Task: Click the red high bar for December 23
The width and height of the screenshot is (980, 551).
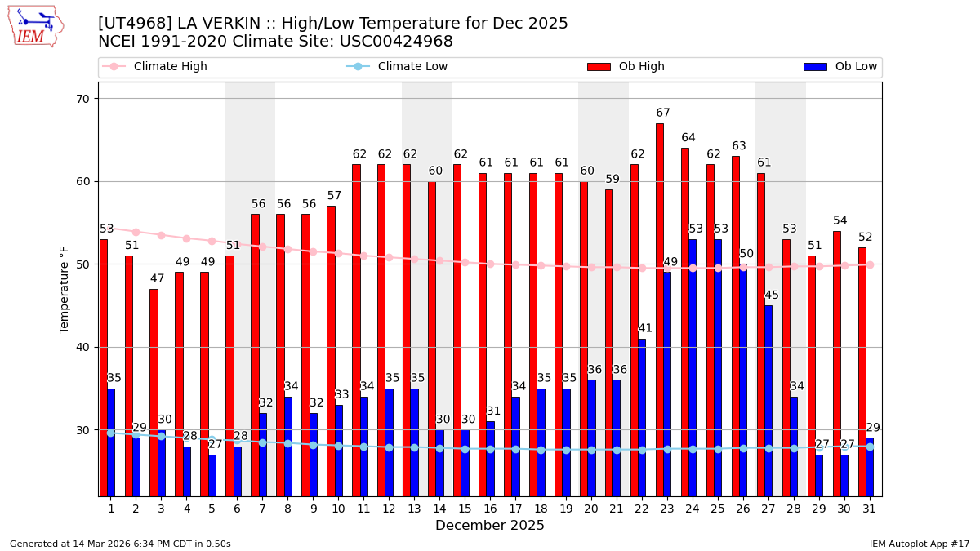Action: (x=659, y=310)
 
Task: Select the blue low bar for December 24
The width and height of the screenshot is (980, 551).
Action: (x=693, y=367)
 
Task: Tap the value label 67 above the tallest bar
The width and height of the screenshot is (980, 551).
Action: (x=662, y=113)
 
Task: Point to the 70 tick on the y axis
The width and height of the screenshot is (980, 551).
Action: (x=82, y=99)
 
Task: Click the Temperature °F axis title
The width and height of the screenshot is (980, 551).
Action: (x=65, y=289)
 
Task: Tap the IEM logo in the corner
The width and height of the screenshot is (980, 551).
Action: (x=35, y=26)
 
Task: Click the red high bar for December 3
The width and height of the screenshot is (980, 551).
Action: (x=154, y=392)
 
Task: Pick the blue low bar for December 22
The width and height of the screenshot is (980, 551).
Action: (x=642, y=417)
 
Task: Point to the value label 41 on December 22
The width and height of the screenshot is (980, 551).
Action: (x=645, y=329)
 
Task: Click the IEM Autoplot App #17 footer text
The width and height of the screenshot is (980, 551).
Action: (x=919, y=544)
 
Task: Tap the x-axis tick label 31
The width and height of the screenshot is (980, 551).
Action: (x=869, y=509)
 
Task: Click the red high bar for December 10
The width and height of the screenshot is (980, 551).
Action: (x=331, y=351)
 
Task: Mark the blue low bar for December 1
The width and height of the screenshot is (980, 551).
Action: (x=111, y=442)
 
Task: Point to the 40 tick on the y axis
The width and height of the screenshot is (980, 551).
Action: (x=82, y=347)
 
